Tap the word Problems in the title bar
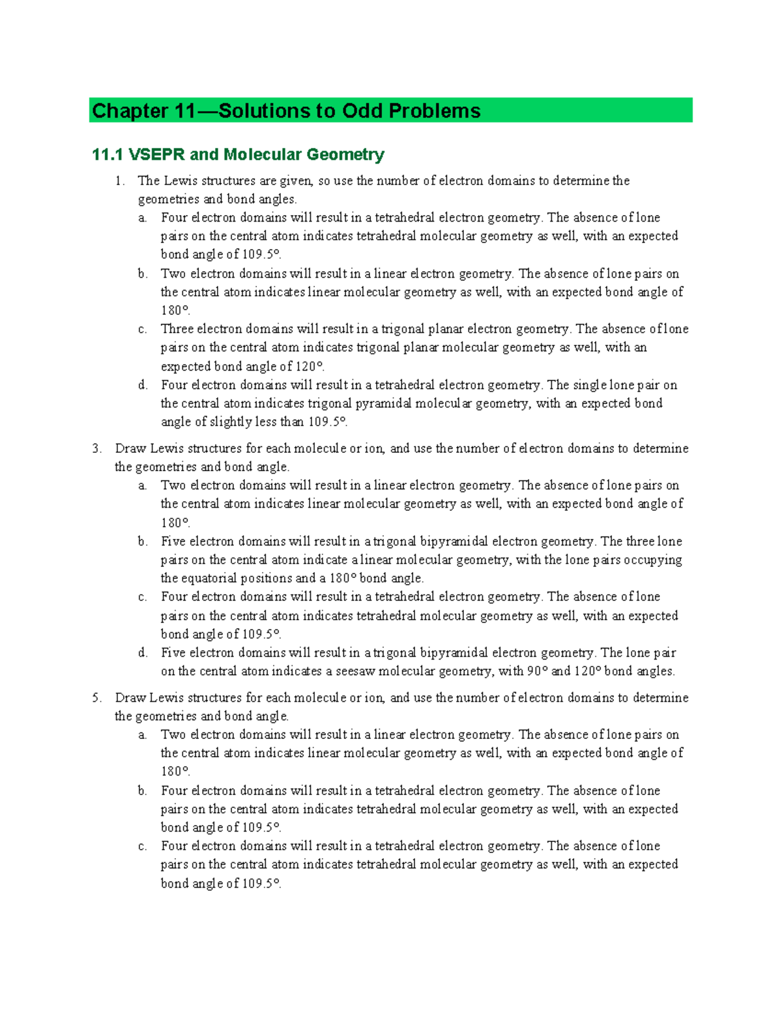tap(435, 111)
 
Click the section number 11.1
tap(108, 154)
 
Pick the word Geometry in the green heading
tap(345, 154)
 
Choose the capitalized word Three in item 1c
tap(177, 329)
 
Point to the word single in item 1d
tap(590, 385)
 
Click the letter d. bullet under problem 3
tap(143, 653)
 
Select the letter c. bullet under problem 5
tap(143, 846)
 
